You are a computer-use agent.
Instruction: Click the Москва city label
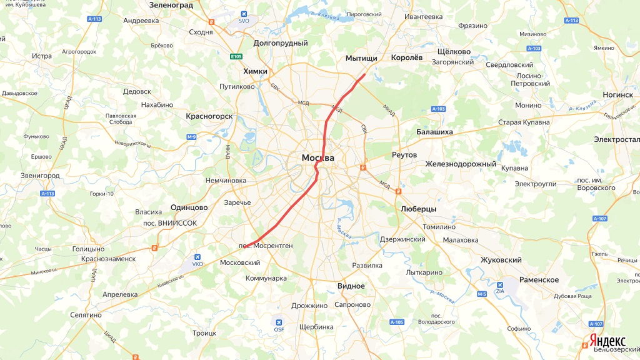pyautogui.click(x=317, y=158)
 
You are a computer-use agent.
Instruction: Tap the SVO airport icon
pyautogui.click(x=244, y=14)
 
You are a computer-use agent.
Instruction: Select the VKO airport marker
pyautogui.click(x=197, y=257)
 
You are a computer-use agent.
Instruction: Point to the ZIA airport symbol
pyautogui.click(x=500, y=283)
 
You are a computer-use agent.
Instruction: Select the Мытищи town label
pyautogui.click(x=361, y=58)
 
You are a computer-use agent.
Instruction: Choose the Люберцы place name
pyautogui.click(x=418, y=209)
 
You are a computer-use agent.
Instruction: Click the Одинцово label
pyautogui.click(x=189, y=207)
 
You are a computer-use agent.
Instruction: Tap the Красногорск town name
pyautogui.click(x=209, y=116)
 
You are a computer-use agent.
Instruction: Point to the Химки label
pyautogui.click(x=256, y=71)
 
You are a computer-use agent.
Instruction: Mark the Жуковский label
pyautogui.click(x=501, y=259)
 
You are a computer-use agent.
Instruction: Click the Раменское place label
pyautogui.click(x=537, y=279)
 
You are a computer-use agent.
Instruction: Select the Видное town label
pyautogui.click(x=351, y=286)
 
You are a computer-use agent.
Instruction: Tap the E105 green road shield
pyautogui.click(x=236, y=57)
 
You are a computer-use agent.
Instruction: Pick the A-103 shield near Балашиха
pyautogui.click(x=438, y=109)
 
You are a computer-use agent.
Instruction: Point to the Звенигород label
pyautogui.click(x=40, y=176)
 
